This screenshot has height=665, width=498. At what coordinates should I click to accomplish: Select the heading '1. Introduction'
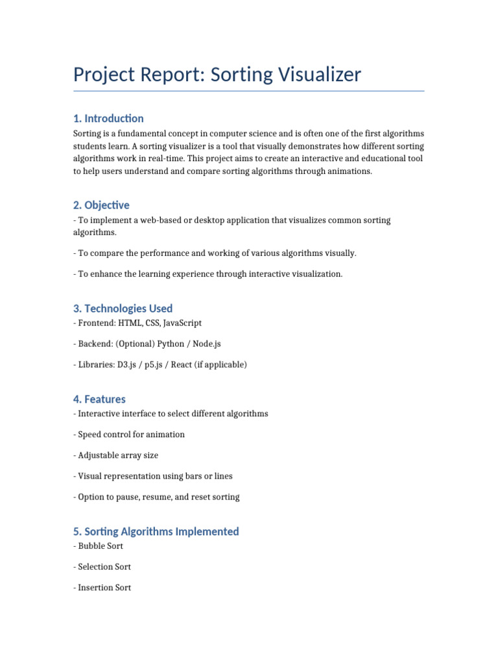tap(108, 118)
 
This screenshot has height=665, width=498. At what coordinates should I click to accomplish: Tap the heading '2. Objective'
tap(101, 205)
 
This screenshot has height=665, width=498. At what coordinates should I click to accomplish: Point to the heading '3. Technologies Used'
tap(123, 308)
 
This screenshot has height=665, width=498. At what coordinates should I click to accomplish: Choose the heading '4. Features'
tap(99, 399)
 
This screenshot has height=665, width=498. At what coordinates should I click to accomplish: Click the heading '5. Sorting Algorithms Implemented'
tap(156, 531)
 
